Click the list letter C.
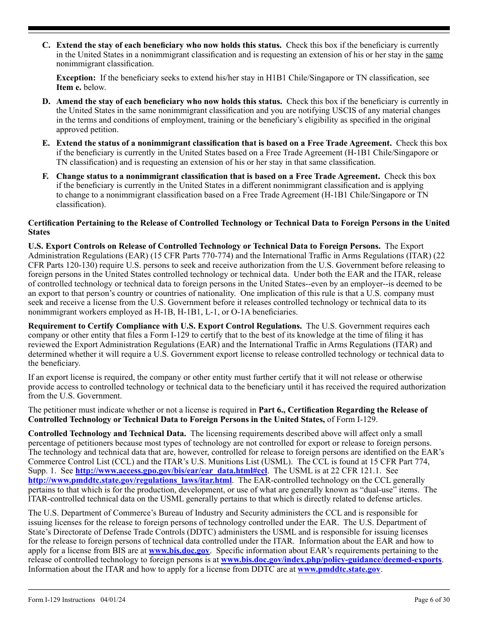coord(46,45)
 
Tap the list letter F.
coord(45,176)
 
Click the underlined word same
coord(434,55)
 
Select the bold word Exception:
coord(76,78)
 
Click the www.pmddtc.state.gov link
coord(339,569)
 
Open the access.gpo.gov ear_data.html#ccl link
coord(171,471)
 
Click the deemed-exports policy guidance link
coord(331,560)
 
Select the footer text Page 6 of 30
coord(432,599)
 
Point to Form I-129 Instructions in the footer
coord(61,599)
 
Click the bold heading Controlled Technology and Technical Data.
coord(107,434)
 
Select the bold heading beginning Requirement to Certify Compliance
coord(165,326)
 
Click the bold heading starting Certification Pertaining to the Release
coord(238,223)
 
